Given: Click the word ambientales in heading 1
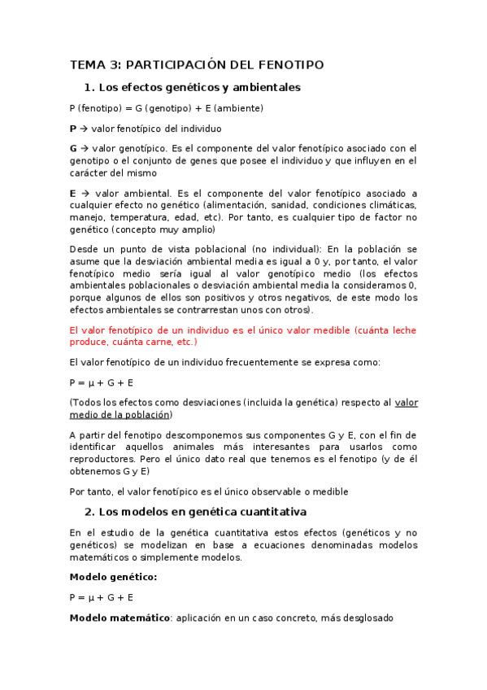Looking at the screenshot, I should pos(266,87).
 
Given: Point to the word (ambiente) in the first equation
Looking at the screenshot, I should pos(236,107).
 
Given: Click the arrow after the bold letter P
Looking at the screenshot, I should pos(84,129).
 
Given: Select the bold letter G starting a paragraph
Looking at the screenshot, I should pos(74,149).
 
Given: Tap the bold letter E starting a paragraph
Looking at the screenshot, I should pos(73,194).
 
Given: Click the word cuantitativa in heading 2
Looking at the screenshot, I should pos(269,512).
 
